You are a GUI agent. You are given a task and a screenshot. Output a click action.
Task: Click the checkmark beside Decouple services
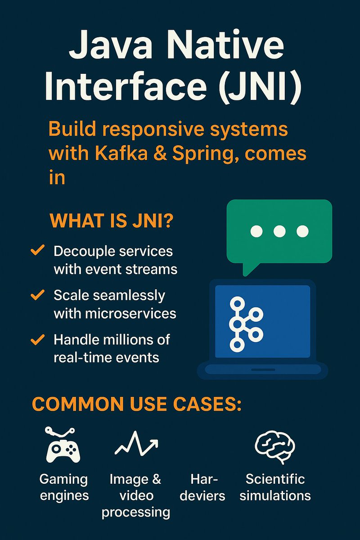(37, 250)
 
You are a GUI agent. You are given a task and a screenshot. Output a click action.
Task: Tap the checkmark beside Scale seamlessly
(37, 295)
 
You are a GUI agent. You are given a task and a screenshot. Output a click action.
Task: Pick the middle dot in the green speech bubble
(279, 231)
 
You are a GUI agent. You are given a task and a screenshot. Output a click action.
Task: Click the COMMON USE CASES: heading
(137, 404)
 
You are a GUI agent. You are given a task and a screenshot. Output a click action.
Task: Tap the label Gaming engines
(64, 487)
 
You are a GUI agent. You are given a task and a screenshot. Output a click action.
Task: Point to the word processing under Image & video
(135, 513)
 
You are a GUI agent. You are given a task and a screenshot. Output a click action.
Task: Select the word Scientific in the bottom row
(275, 479)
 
